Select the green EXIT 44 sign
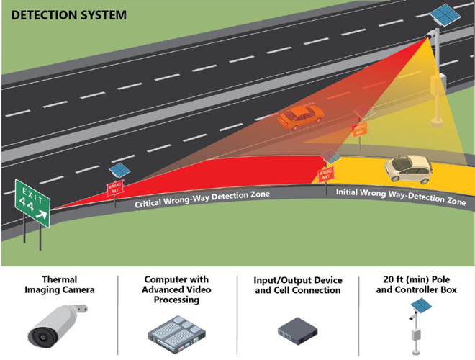tap(32, 204)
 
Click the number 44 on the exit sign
tap(30, 207)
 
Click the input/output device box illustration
tap(297, 330)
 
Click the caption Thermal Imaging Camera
tap(59, 284)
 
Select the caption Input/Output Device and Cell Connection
tap(297, 285)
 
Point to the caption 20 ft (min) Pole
tap(415, 279)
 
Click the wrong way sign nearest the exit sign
tap(114, 188)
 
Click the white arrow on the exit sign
tap(42, 215)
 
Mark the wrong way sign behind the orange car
tap(359, 130)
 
